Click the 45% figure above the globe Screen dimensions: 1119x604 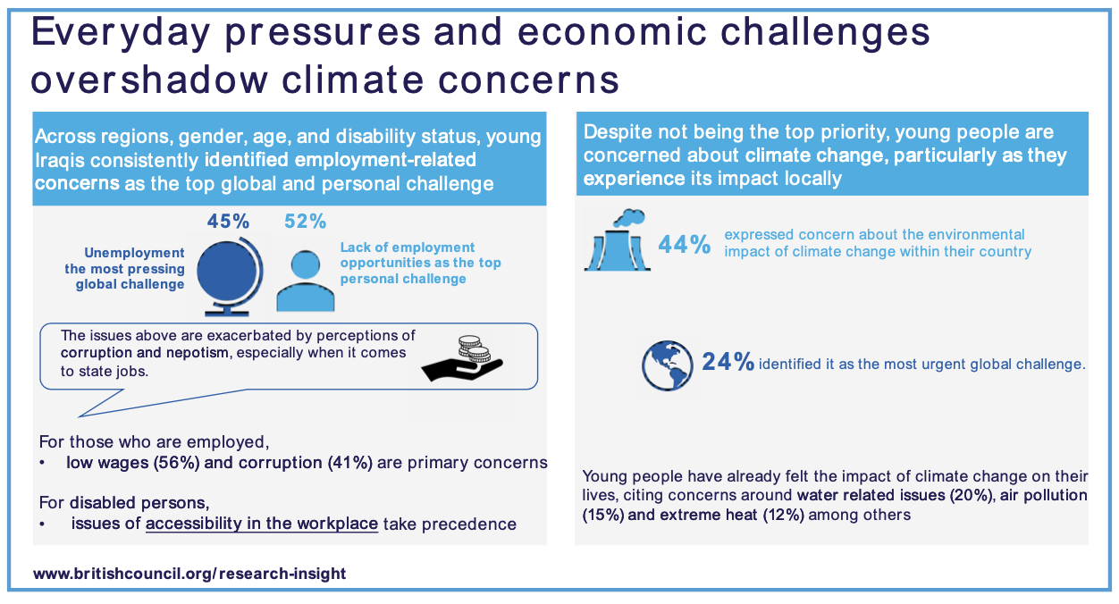228,222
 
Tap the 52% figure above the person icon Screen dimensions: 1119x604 306,222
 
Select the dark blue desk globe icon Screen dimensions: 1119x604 230,276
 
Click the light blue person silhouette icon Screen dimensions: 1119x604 306,281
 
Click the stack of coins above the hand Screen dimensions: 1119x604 474,348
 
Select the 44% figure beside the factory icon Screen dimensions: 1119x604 684,245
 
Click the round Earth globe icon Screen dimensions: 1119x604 668,365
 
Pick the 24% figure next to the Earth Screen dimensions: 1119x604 728,362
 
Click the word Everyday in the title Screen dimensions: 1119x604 121,33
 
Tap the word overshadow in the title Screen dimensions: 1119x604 149,80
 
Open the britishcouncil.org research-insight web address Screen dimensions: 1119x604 189,573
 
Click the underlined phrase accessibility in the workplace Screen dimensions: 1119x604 262,524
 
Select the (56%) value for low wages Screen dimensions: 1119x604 176,463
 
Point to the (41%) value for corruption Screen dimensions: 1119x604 350,463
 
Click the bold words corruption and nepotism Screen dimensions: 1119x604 145,353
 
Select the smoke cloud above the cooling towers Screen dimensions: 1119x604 629,218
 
